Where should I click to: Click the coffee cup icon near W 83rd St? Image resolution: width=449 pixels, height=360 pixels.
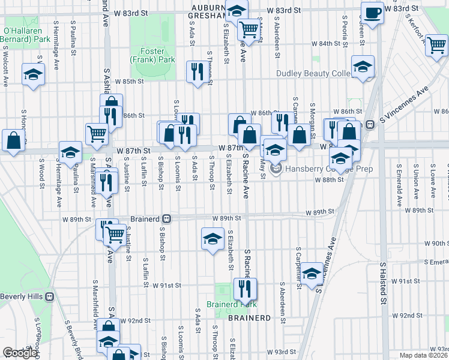point(372,13)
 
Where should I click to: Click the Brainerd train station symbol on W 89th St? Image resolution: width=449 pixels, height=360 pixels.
point(167,219)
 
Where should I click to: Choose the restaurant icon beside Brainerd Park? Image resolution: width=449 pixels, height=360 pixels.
point(245,289)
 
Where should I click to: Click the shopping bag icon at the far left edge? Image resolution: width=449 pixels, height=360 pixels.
point(13,141)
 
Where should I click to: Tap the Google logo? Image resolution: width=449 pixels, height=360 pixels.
point(20,353)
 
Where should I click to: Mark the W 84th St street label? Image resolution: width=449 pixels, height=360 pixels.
point(326,44)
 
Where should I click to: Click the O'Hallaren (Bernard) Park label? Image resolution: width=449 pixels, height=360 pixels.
point(25,35)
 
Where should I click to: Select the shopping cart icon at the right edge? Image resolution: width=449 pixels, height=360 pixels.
point(436,45)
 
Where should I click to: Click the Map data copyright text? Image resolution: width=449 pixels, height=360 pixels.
point(424,355)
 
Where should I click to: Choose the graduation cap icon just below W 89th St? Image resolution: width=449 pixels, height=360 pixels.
point(212,239)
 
